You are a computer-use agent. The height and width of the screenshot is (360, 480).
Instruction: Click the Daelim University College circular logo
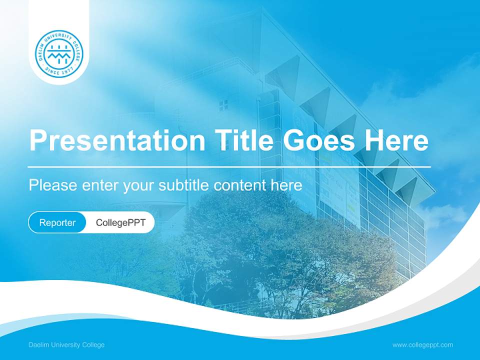(x=59, y=54)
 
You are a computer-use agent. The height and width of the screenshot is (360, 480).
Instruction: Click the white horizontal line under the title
(x=229, y=166)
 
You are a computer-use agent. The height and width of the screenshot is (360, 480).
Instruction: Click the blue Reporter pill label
(x=57, y=222)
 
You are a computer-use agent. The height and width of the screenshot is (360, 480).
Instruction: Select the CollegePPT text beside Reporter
(x=120, y=222)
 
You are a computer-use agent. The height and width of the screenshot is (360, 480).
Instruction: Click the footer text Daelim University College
(x=66, y=345)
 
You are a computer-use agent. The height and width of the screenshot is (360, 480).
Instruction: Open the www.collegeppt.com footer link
(x=422, y=345)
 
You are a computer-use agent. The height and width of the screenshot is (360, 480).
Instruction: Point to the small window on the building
(x=223, y=104)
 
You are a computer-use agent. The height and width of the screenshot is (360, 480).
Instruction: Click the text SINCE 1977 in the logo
(x=59, y=71)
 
